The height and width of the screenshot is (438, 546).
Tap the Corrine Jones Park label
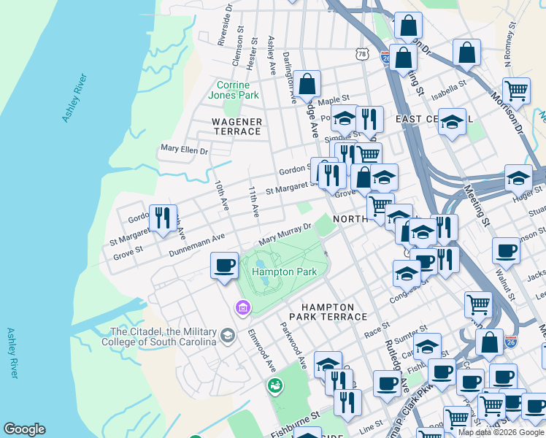tap(234, 90)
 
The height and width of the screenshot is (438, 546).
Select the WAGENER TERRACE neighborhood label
tap(236, 126)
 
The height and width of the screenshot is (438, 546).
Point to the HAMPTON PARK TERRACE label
tap(328, 312)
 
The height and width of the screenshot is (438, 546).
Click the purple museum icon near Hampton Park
tap(242, 309)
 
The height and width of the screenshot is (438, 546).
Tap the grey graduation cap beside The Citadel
tap(227, 335)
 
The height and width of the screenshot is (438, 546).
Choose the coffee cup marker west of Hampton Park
tap(224, 265)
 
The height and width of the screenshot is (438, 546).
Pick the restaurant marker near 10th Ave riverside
tap(162, 217)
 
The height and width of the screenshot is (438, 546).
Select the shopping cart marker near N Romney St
tap(515, 91)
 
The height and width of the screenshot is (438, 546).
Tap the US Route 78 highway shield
tap(361, 54)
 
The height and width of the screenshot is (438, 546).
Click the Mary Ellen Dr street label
tap(184, 150)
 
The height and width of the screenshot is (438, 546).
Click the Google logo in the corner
tap(24, 429)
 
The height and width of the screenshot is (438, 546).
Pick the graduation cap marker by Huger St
tap(518, 178)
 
